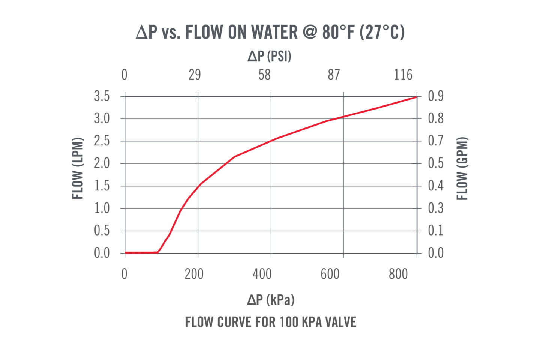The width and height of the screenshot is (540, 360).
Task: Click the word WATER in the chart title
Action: click(274, 32)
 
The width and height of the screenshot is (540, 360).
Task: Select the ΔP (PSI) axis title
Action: click(270, 56)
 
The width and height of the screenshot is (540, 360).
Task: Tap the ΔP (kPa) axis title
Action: click(270, 300)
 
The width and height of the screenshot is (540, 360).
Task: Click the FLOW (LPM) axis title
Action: click(78, 168)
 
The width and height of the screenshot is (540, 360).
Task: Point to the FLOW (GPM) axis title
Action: click(462, 169)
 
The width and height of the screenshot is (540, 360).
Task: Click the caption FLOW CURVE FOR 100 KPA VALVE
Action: click(270, 322)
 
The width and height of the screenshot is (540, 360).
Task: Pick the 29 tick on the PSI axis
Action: click(195, 75)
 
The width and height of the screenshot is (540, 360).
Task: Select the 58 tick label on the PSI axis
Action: click(264, 75)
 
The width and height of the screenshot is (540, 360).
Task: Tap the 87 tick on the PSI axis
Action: click(334, 75)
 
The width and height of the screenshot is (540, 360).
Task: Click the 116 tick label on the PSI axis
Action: click(403, 75)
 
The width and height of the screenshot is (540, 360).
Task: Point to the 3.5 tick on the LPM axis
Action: click(102, 96)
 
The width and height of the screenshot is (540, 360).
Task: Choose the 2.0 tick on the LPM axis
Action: click(102, 163)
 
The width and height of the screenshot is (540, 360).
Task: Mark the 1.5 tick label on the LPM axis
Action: click(102, 186)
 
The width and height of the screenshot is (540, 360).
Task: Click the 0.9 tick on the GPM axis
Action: click(436, 96)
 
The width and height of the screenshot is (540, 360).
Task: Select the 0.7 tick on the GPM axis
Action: click(436, 141)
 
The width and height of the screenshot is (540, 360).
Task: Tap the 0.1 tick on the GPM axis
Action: click(436, 230)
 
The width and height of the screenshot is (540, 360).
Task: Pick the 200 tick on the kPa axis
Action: click(194, 274)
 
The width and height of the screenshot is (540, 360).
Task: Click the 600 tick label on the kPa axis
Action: click(330, 274)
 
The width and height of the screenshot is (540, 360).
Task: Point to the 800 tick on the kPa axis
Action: click(398, 274)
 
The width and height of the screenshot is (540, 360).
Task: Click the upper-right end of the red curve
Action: click(416, 97)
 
